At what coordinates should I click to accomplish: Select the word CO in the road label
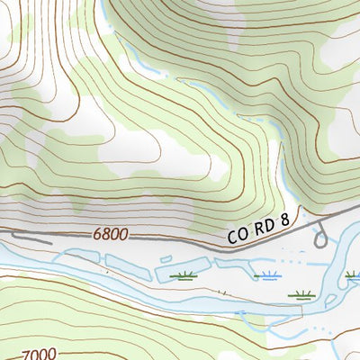237,237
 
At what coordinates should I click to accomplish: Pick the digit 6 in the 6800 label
95,235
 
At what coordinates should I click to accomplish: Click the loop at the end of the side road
319,240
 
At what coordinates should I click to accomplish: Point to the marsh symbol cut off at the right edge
355,277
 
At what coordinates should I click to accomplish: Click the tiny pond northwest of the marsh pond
168,260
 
